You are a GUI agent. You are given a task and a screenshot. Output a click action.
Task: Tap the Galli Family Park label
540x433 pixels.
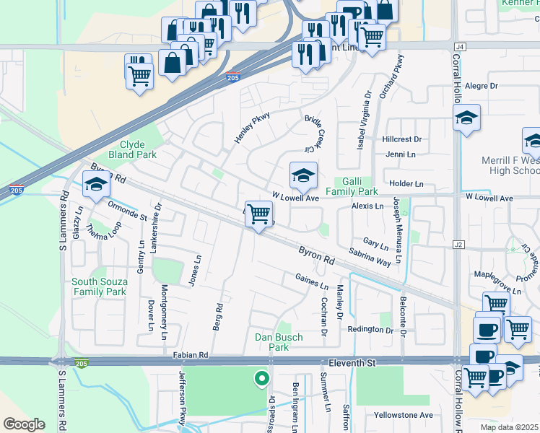[x=352, y=187]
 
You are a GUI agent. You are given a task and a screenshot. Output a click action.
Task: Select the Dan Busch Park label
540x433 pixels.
[x=279, y=342]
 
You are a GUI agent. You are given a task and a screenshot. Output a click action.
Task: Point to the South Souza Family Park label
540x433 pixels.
[x=100, y=287]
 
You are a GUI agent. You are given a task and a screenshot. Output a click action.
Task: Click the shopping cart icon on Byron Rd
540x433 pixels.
[x=258, y=214]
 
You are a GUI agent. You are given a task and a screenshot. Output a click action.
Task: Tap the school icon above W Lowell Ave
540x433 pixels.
[x=303, y=175]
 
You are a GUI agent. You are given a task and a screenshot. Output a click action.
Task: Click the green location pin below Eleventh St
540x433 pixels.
[x=261, y=377]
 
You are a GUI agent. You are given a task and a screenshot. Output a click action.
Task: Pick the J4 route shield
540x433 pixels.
[x=461, y=46]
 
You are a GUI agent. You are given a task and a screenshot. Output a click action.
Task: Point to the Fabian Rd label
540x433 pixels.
[x=190, y=355]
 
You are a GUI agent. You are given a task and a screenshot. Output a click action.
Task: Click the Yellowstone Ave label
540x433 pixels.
[x=403, y=415]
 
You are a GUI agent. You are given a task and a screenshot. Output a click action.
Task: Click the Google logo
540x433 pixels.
[x=24, y=424]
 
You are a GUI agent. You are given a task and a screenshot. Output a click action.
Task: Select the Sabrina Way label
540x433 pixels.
[x=370, y=256]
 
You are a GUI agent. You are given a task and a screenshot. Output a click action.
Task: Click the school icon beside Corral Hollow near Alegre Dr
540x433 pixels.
[x=466, y=118]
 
